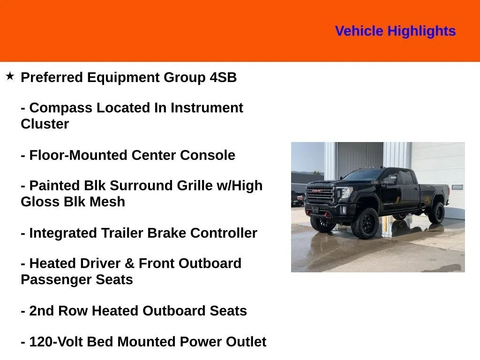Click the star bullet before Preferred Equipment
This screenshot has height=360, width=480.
10,76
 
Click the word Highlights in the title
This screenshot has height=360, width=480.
421,31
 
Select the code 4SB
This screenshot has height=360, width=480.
223,77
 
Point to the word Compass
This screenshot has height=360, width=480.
60,108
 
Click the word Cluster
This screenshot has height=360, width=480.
45,124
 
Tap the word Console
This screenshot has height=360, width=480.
208,155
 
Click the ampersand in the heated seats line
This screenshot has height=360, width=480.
130,263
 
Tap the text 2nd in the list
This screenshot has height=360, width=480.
41,311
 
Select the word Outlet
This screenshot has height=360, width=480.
246,342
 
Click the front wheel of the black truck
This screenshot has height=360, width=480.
366,224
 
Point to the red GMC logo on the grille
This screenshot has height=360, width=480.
317,191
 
